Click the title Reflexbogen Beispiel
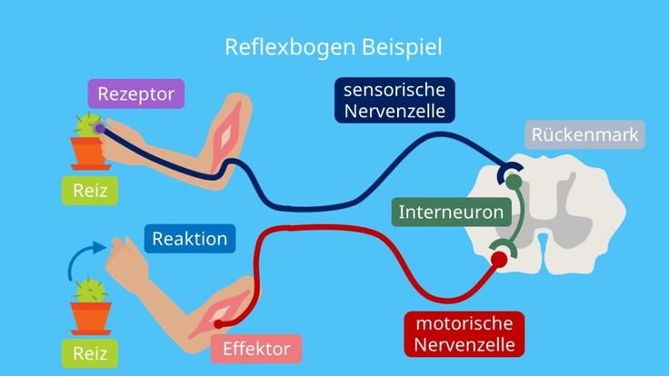334,47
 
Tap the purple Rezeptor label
136,94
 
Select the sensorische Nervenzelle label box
394,100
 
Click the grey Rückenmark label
584,134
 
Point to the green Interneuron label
452,212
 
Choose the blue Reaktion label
190,239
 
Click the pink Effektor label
256,349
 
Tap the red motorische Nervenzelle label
464,334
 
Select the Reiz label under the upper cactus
90,191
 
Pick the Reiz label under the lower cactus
90,353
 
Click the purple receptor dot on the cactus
99,128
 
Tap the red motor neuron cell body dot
499,259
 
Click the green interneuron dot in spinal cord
514,182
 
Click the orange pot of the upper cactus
89,153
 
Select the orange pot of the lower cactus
91,319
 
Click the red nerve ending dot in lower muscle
218,324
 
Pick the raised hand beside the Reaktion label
126,260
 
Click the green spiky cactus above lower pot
91,291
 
